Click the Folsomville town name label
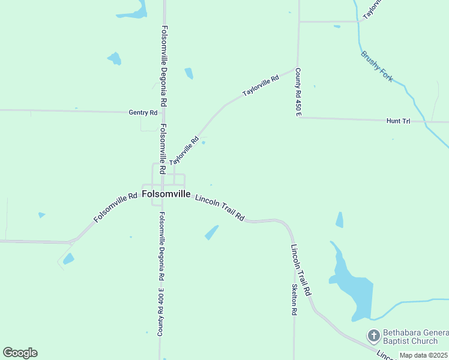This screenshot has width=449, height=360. pos(166,194)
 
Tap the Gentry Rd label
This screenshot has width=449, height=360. pos(143,112)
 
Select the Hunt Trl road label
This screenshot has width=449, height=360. pos(398,121)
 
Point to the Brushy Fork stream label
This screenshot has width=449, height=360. pos(377,66)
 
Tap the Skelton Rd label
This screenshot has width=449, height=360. pos(294,299)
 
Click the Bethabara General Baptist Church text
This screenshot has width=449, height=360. pos(415,337)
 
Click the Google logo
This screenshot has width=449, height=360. pos(20,353)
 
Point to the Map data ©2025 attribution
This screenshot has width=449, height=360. pos(423,355)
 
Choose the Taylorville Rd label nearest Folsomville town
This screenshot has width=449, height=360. pos(184,152)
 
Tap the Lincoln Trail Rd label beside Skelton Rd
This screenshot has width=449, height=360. pos(300,269)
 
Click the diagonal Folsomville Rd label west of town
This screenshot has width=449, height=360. pos(116,208)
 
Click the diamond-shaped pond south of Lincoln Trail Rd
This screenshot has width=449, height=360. pos(211,232)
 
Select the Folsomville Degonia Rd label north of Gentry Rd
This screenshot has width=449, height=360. pos(163,66)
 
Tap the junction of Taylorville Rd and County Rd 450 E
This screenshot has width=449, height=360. pos(296,67)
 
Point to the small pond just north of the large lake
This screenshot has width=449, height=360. pos(340,220)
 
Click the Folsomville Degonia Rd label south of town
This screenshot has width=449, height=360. pos(161,247)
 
